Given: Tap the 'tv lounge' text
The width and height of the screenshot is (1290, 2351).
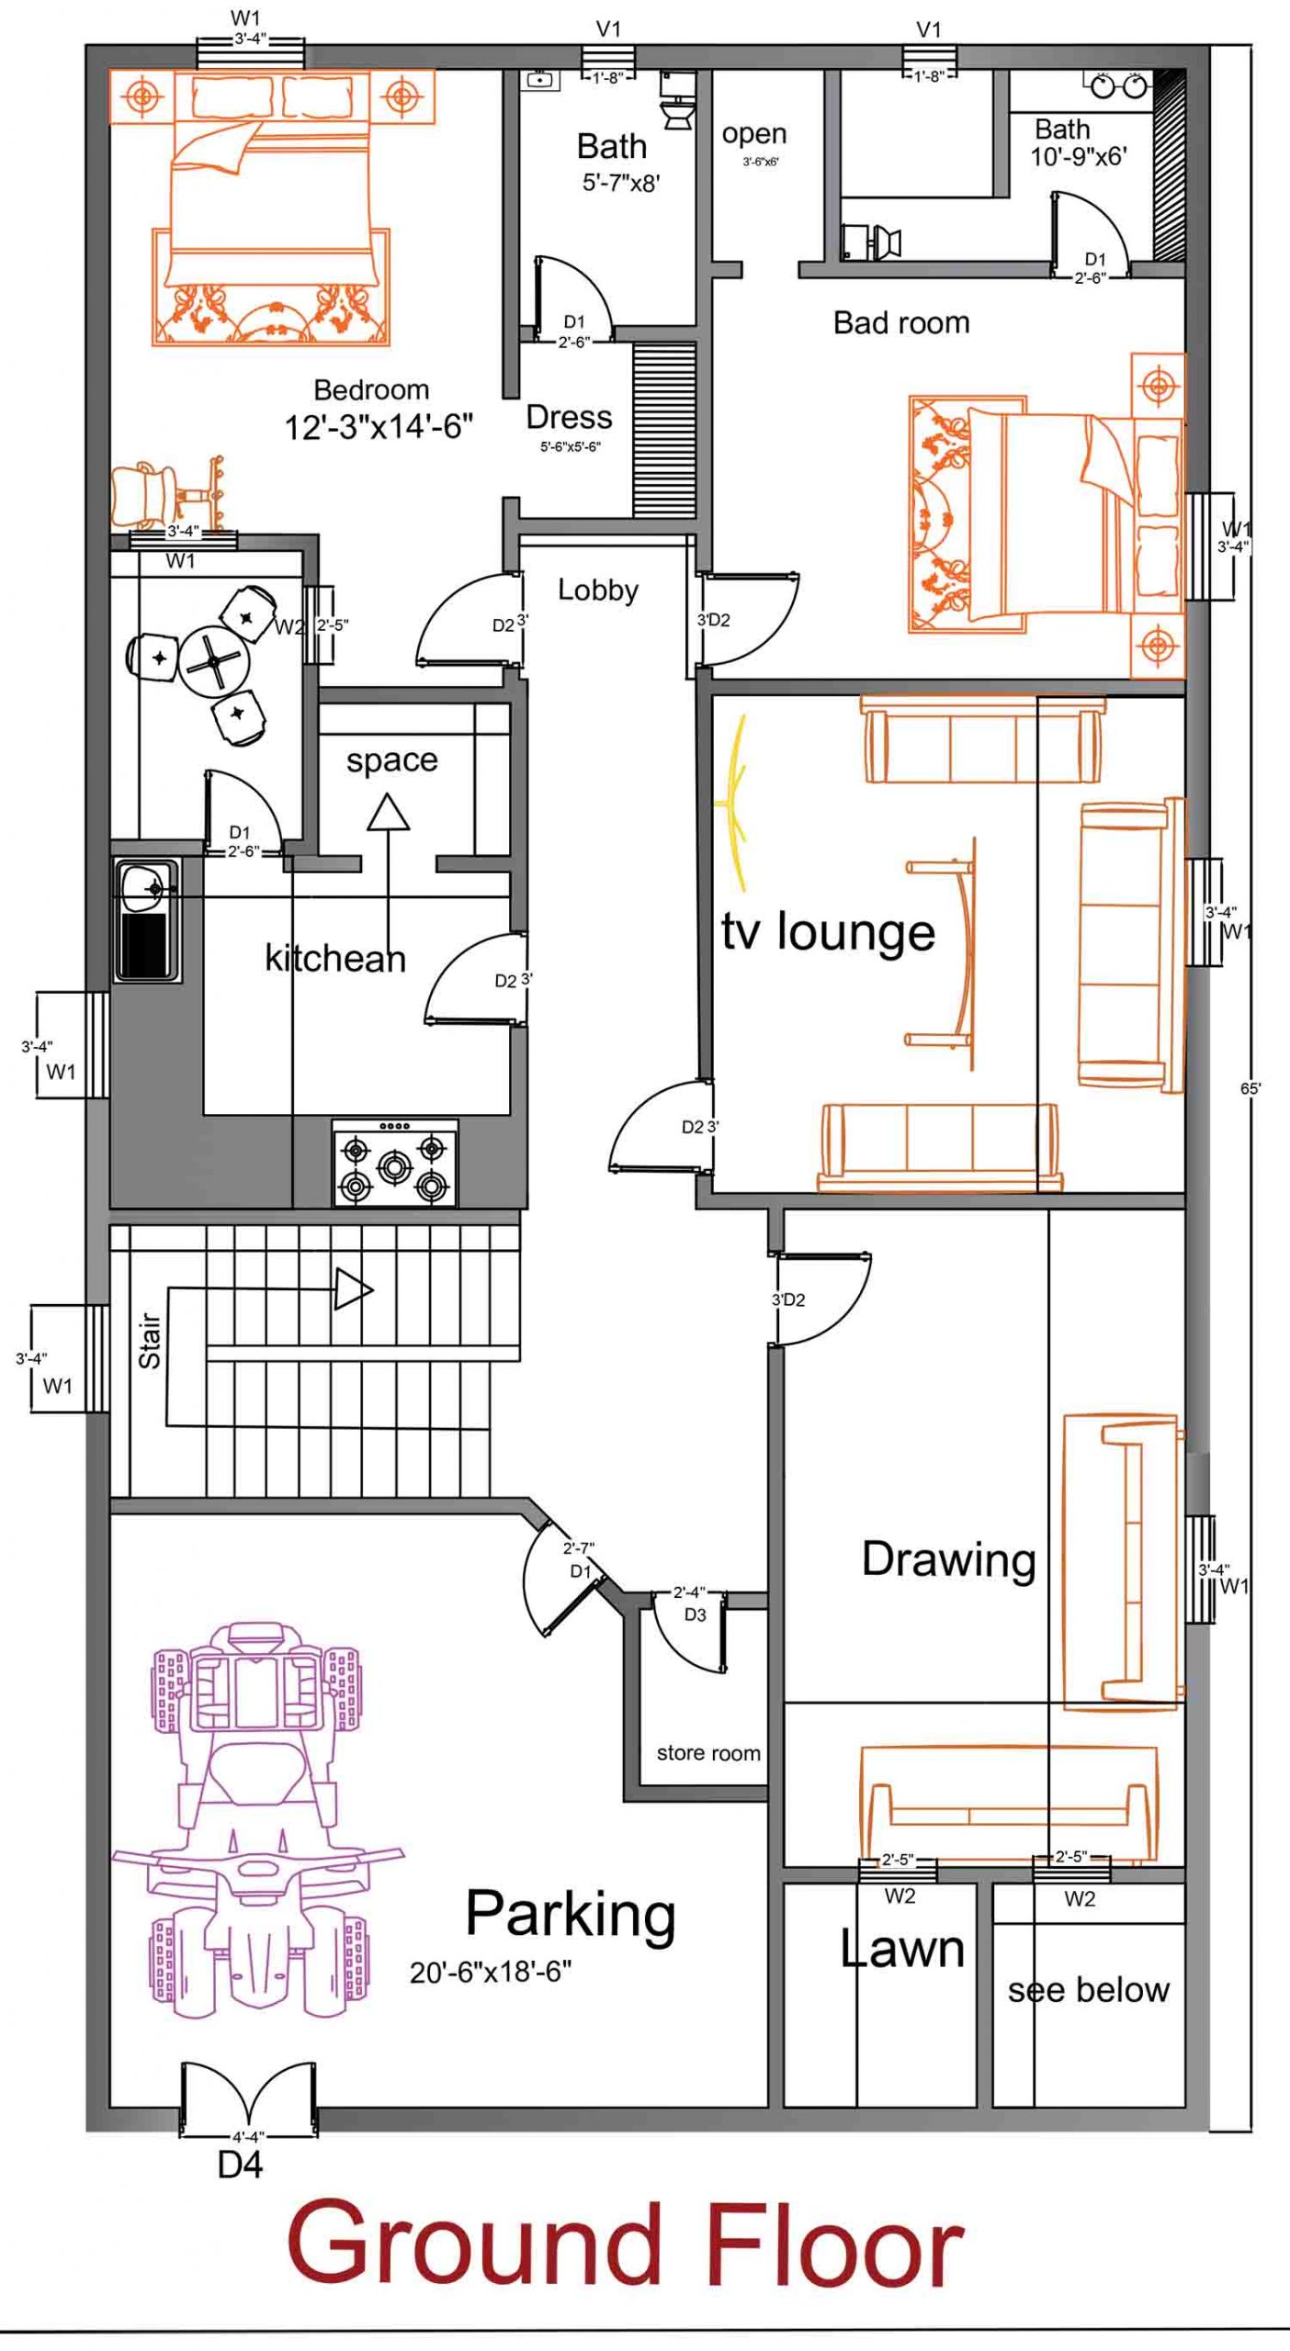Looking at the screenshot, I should (828, 933).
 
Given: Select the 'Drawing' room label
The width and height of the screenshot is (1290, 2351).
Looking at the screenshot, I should (948, 1560).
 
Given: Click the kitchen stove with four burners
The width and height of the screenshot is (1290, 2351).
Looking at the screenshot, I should (395, 1163).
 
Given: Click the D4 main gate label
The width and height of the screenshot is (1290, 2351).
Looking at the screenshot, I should (240, 2165).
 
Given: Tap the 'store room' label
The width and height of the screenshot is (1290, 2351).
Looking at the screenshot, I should (708, 1753).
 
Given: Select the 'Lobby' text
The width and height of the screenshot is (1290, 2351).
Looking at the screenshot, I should (598, 591).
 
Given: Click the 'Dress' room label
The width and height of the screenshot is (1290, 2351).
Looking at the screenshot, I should (569, 418).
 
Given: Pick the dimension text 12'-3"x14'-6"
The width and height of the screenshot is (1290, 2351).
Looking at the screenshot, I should (379, 427).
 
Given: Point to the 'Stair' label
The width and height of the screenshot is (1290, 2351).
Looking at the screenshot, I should (150, 1341).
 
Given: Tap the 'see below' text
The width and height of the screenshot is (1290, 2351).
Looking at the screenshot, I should (1089, 1990).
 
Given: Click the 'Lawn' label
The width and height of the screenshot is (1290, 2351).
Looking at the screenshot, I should (902, 1949).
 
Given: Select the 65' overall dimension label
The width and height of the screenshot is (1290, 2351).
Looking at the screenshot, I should (1250, 1088).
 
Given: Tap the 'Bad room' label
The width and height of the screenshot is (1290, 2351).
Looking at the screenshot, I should (901, 323).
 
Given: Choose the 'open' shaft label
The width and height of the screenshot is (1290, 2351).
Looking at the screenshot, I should (754, 134).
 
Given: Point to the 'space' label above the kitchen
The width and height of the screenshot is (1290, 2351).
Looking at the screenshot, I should (392, 760).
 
